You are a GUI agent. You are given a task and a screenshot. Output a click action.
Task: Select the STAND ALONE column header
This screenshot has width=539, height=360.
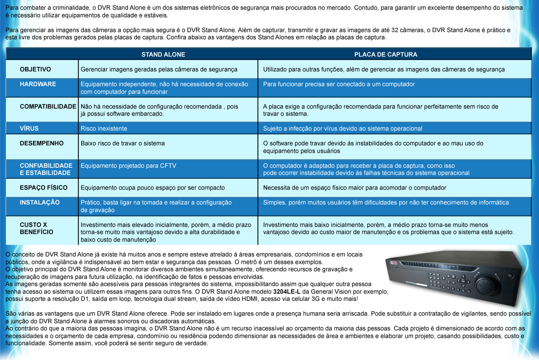[163, 55]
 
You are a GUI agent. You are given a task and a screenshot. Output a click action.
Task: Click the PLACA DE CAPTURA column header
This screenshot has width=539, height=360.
[386, 55]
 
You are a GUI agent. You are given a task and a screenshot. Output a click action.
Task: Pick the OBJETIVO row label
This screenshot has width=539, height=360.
[35, 69]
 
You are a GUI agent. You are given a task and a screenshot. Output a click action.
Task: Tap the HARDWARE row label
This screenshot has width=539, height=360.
[38, 84]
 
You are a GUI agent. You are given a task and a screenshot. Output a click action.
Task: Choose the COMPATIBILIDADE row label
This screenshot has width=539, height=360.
[48, 106]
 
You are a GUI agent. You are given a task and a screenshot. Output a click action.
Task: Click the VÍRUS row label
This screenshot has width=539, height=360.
[29, 128]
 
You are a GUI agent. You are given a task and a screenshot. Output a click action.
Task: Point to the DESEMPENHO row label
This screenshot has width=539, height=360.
[42, 143]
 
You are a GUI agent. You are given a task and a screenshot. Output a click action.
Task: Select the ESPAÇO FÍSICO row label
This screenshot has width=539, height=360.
[44, 188]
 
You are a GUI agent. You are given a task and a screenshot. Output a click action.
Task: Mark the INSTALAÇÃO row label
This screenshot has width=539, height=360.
[40, 202]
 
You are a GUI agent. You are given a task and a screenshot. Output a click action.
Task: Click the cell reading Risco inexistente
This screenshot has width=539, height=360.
[104, 128]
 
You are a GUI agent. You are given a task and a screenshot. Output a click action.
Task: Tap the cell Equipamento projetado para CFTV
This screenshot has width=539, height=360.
[128, 166]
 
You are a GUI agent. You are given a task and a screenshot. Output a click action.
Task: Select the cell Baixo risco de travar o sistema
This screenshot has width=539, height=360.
[122, 143]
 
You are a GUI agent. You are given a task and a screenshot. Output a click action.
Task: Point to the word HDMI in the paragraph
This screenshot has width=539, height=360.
[278, 299]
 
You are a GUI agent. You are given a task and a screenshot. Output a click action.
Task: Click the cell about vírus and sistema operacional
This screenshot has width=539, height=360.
[343, 128]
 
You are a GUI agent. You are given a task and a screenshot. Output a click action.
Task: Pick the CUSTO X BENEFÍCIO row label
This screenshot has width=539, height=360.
[36, 228]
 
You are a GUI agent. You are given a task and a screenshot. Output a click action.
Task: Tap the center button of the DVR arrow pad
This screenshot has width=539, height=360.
[463, 279]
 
